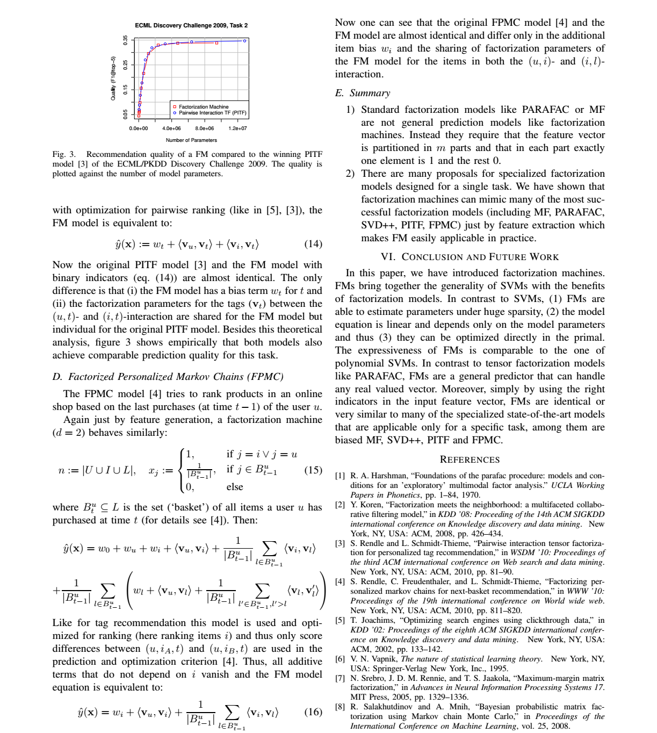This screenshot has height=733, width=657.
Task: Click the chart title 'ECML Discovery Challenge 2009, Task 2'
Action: coord(191,25)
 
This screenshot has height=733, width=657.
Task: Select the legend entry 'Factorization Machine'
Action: coord(204,107)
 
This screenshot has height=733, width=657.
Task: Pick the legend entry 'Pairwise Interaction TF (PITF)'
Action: coord(213,113)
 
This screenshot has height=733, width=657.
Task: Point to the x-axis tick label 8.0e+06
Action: coord(204,128)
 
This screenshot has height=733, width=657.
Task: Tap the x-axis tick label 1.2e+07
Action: coord(237,128)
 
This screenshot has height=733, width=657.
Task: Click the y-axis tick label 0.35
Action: coord(126,40)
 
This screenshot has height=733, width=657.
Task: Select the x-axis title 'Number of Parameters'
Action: coord(191,140)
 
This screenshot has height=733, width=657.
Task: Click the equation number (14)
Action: coord(313,244)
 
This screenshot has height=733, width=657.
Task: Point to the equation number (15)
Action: coord(313,470)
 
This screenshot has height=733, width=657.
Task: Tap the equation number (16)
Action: coord(313,712)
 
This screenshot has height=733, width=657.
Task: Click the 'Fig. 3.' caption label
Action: coord(64,154)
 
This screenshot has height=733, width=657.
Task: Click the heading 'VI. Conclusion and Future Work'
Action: coord(470,257)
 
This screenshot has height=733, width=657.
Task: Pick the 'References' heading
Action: coord(470,459)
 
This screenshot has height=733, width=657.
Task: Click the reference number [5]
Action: coord(340,620)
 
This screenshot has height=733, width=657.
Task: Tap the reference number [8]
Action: coord(340,707)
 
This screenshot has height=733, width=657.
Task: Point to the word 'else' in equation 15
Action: coord(235,487)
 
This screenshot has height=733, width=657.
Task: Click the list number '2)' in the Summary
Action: coord(350,174)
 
